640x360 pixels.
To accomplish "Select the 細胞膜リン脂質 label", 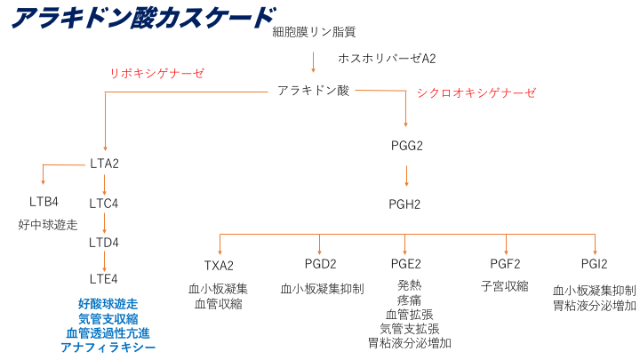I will coord(314,32).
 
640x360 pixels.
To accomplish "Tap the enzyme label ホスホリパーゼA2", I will coord(387,59).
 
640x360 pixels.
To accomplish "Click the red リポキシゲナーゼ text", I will coord(156,73).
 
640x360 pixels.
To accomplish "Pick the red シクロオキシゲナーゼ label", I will coord(476,92).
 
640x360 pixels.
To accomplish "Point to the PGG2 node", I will coord(405,145).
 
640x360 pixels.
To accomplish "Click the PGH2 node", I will coord(405,204).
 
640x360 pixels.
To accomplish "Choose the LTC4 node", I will coord(104,204).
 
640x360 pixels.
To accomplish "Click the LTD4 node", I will coord(104,242).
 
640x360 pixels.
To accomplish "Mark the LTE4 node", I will coord(104,280).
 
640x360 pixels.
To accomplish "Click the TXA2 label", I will coord(218,265).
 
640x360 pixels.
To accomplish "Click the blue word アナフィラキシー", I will coord(108,347).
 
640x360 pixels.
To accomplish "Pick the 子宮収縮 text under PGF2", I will coord(505,286).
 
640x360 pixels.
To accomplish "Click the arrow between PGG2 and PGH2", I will coord(406,174).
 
